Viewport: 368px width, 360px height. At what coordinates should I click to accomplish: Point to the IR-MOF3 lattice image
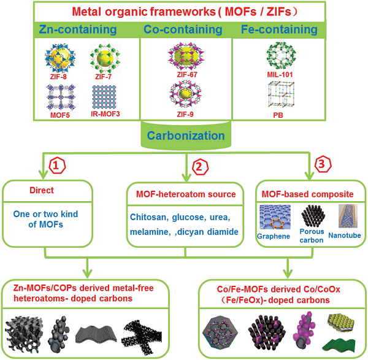(x=105, y=96)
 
